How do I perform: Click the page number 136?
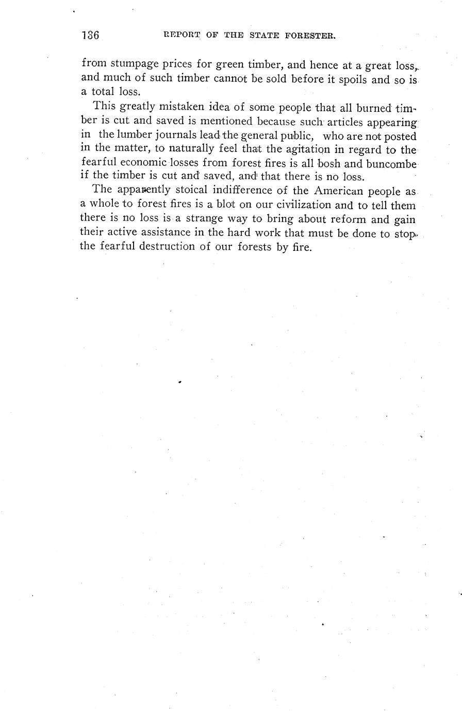[90, 36]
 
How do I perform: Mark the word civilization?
[294, 205]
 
